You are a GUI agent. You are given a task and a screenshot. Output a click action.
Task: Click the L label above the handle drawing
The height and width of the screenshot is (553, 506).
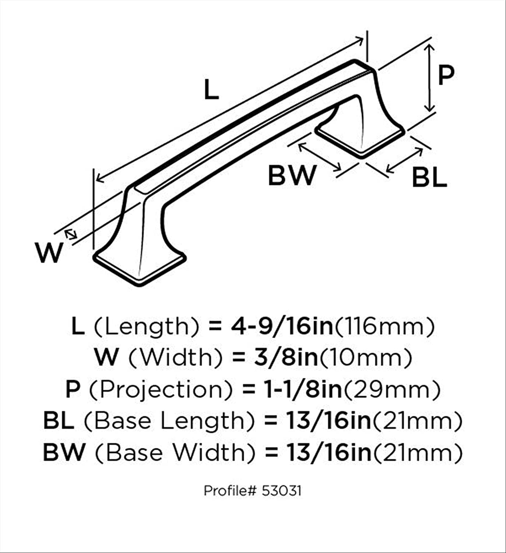click(x=211, y=89)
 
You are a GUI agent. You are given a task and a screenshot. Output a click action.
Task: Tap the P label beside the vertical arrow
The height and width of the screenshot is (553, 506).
click(x=446, y=75)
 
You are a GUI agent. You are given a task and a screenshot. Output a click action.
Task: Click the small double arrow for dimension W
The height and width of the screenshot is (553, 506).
click(x=71, y=234)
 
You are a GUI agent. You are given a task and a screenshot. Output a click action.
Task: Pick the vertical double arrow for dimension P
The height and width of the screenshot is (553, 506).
click(x=429, y=78)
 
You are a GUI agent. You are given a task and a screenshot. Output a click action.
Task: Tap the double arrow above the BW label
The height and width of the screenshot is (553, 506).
click(x=320, y=157)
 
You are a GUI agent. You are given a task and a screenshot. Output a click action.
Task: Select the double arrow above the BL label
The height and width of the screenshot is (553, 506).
click(x=405, y=160)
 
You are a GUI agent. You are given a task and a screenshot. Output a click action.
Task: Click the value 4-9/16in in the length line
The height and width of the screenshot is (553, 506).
click(x=282, y=327)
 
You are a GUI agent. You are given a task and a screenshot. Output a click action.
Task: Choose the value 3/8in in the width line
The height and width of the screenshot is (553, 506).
click(x=287, y=358)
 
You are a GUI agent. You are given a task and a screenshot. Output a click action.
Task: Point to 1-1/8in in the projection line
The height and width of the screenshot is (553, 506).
click(x=303, y=390)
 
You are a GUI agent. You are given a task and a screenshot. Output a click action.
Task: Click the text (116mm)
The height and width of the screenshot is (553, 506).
click(x=385, y=327)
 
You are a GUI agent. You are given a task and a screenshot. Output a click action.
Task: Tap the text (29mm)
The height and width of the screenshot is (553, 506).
click(x=392, y=390)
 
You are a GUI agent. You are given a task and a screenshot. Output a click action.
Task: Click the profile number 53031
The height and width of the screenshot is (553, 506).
click(x=281, y=491)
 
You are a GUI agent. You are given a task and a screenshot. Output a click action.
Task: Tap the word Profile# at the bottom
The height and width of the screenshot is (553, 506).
click(x=230, y=491)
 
